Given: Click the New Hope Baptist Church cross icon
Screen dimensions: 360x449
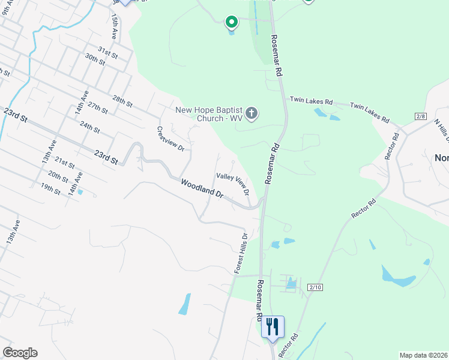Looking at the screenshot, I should (x=252, y=113).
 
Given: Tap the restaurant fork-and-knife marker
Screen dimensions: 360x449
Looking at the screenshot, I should (x=273, y=327).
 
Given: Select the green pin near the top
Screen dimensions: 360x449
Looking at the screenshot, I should (x=231, y=23).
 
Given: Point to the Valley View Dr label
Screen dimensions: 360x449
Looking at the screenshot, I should (x=233, y=184).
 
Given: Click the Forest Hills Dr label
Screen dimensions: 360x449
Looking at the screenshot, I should (x=240, y=253).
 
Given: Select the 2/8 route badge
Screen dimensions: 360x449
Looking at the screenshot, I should (x=420, y=116).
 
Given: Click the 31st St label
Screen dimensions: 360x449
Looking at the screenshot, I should (x=108, y=52).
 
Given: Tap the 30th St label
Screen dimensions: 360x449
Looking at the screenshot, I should (x=95, y=58).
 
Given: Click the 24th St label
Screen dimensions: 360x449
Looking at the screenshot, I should (x=89, y=127).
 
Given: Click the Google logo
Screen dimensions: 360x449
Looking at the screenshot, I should (x=20, y=353).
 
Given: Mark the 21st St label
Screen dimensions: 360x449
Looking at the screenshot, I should (x=64, y=163).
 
